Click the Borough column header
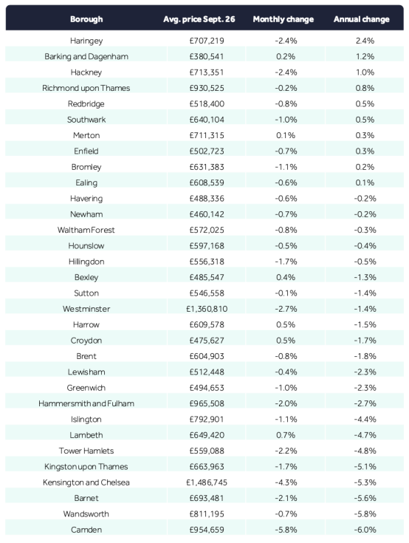point(86,19)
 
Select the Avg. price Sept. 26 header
point(199,19)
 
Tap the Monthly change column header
point(283,19)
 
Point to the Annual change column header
point(361,19)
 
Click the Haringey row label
point(86,41)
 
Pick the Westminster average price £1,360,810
point(207,309)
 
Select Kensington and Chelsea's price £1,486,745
point(207,482)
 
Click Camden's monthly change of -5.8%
point(286,530)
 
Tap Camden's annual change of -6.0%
point(365,530)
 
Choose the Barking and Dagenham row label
point(86,56)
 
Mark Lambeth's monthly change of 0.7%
point(286,435)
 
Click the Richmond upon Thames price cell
point(207,88)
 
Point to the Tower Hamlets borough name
point(86,451)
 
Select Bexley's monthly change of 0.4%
point(286,277)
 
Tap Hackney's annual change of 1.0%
point(365,72)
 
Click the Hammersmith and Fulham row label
point(86,403)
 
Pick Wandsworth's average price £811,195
point(207,514)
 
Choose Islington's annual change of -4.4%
point(365,420)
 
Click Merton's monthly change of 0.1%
point(286,135)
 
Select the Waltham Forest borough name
point(86,230)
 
